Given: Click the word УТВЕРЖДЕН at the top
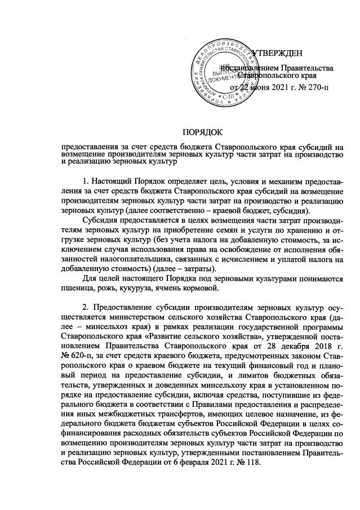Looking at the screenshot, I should pos(277,54).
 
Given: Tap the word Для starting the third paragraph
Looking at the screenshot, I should pos(89,280).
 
